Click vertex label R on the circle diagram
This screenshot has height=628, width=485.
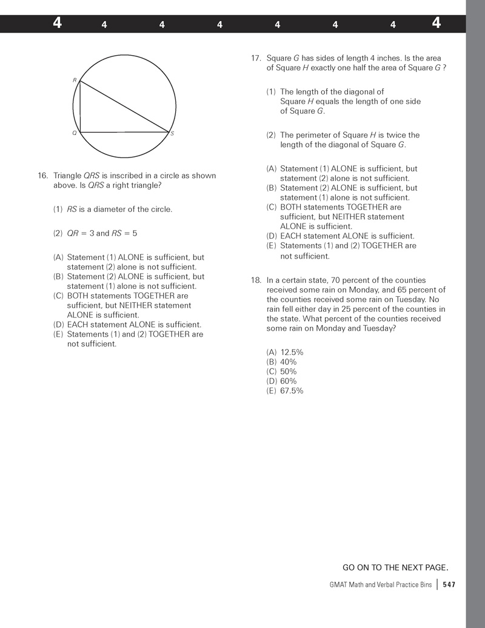(x=75, y=80)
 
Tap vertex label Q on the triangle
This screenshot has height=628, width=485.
(x=75, y=133)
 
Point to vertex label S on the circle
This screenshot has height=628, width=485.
(x=172, y=134)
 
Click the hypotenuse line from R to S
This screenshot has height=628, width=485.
(x=124, y=106)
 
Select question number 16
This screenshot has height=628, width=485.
(x=42, y=176)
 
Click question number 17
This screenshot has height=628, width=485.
(x=256, y=58)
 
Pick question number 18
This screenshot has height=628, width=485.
(x=255, y=280)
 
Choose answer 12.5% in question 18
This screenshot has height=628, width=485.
(x=292, y=352)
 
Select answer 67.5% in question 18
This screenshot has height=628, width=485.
(x=292, y=391)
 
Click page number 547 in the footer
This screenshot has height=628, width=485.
(x=449, y=584)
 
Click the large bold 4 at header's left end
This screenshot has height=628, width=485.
(x=57, y=24)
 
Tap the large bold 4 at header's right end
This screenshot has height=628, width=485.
(x=436, y=24)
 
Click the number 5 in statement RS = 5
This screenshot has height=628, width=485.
(x=135, y=233)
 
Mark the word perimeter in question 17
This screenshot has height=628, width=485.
(x=312, y=135)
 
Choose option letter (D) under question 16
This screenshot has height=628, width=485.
(x=59, y=325)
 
